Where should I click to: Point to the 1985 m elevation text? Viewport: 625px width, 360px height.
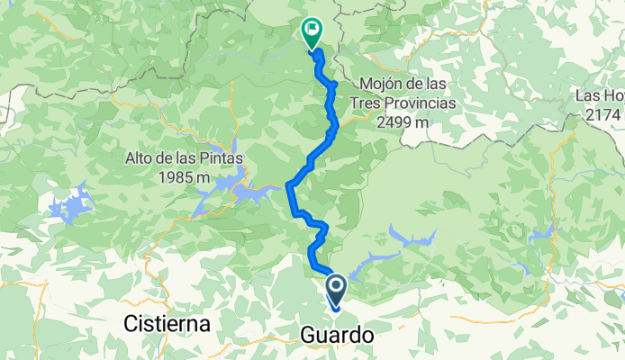(181, 178)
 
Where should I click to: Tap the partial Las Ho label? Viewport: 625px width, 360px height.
(602, 97)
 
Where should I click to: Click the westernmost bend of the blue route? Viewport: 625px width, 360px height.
(288, 185)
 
